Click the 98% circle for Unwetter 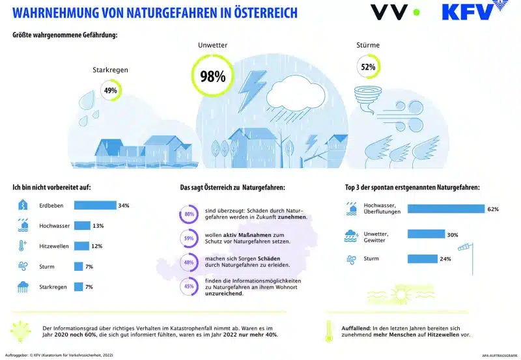[x=212, y=76]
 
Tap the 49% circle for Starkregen [x=110, y=90]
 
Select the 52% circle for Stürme [x=367, y=67]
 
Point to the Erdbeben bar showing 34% [x=94, y=206]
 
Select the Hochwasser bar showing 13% [x=82, y=225]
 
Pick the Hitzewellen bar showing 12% [x=81, y=245]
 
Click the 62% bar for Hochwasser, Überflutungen [x=446, y=209]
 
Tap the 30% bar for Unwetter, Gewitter [x=426, y=234]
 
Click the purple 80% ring [x=190, y=214]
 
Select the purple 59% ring [x=190, y=238]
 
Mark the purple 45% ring [x=190, y=286]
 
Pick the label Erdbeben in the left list [x=51, y=206]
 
